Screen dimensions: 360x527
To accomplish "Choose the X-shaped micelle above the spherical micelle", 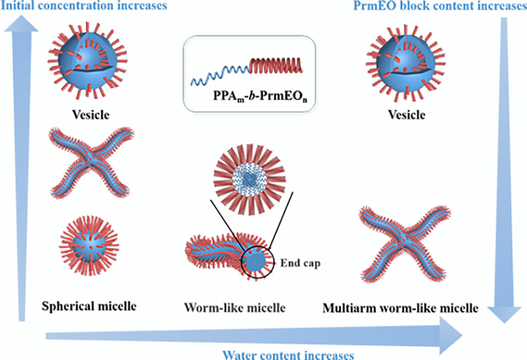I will (x=84, y=163).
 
